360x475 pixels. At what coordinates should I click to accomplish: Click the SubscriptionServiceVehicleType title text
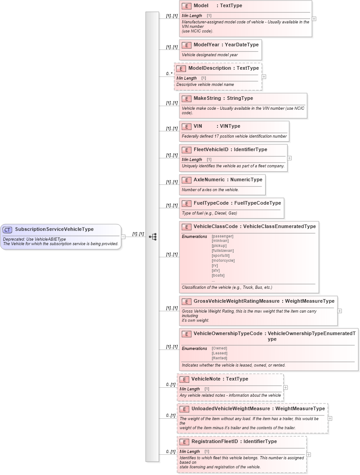pos(54,229)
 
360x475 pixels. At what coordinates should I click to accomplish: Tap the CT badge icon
pos(7,230)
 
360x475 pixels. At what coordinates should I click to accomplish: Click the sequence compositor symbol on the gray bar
pos(152,237)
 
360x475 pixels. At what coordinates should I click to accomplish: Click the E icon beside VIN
pos(187,126)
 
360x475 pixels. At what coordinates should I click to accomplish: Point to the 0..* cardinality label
pos(169,73)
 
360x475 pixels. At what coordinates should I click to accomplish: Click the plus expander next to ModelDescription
pos(264,76)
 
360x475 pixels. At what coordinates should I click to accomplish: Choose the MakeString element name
pos(207,99)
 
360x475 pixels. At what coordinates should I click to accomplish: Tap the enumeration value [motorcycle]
pos(223,260)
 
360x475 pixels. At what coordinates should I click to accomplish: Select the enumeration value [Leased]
pos(220,353)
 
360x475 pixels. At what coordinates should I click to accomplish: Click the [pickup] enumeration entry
pos(219,246)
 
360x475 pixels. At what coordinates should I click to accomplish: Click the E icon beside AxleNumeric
pos(187,180)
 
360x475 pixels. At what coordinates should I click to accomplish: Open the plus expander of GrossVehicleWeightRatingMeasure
pos(340,311)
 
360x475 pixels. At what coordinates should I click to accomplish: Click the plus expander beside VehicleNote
pos(286,387)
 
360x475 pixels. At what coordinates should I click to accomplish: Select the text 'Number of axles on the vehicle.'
pos(210,190)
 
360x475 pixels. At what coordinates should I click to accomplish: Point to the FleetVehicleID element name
pos(211,149)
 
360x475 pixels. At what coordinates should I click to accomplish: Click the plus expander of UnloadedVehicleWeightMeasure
pos(330,418)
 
